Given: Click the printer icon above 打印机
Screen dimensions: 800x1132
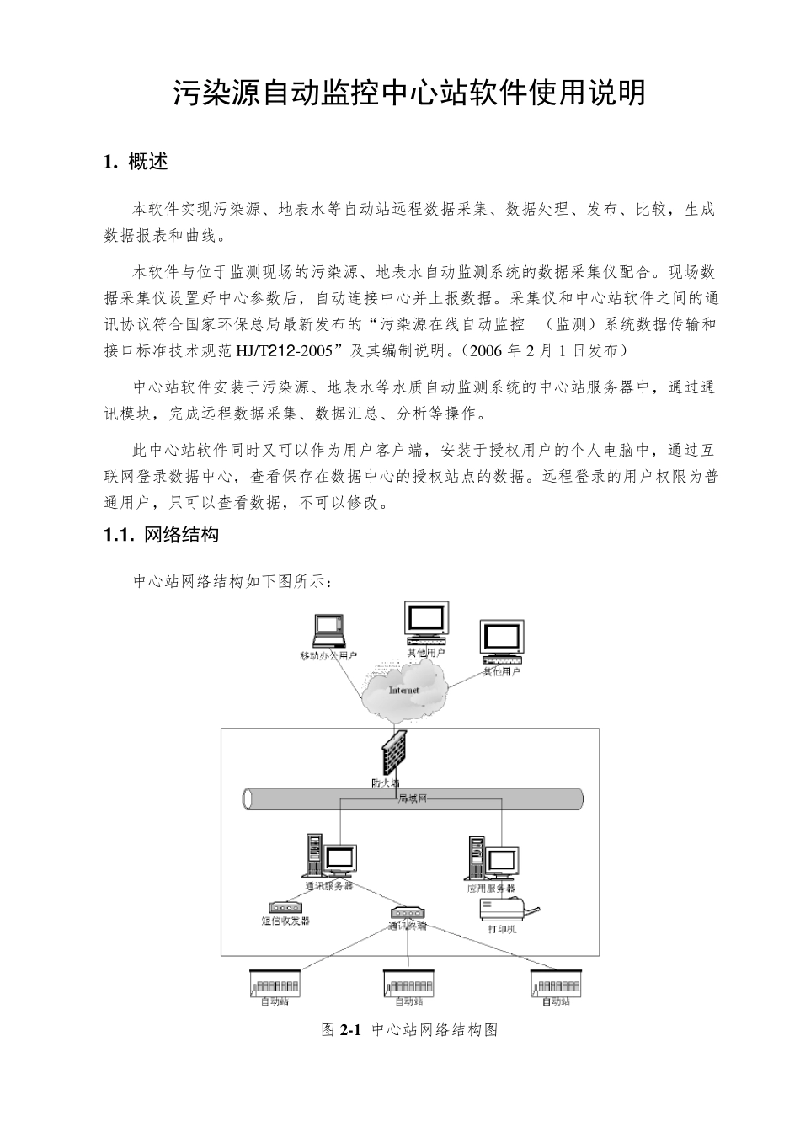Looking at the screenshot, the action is click(x=507, y=910).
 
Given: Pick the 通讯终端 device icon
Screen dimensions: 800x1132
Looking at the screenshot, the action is click(x=408, y=913).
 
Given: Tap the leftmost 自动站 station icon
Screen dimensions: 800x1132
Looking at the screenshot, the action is click(x=275, y=983).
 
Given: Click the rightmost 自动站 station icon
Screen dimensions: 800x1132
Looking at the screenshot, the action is click(x=556, y=983).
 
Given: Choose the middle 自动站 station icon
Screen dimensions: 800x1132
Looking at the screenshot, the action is click(x=408, y=983).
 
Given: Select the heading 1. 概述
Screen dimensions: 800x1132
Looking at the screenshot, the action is click(x=136, y=162).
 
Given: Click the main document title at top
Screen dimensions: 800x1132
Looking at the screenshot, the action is click(x=409, y=93).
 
